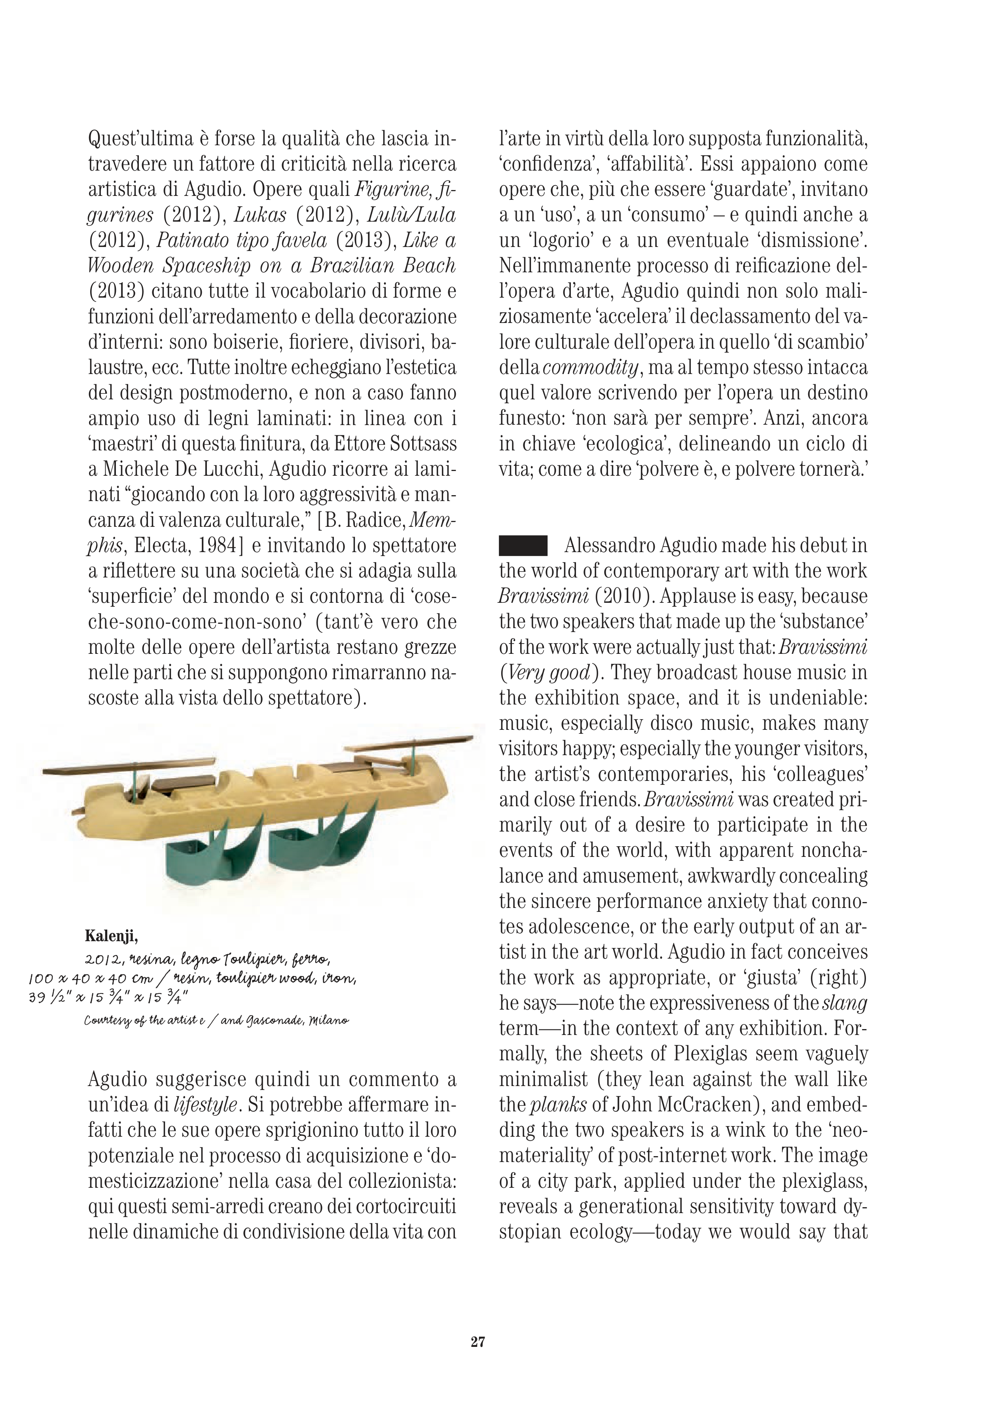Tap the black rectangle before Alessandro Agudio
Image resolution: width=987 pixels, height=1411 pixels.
click(x=523, y=546)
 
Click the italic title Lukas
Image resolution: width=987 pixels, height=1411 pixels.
click(x=260, y=215)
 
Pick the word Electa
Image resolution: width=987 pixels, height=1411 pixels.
click(x=157, y=546)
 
